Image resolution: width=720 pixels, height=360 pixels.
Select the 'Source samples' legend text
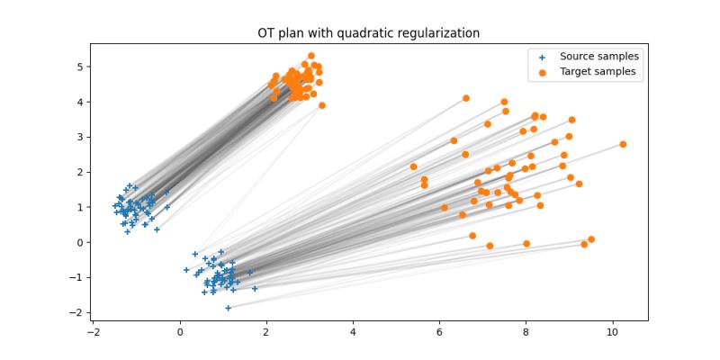(x=593, y=56)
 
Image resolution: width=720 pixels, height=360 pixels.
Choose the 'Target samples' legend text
(x=593, y=72)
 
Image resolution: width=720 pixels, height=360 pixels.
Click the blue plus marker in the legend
(x=543, y=56)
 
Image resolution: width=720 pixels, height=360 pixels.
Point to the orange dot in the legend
(x=543, y=72)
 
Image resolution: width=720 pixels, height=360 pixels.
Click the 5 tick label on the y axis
(x=79, y=67)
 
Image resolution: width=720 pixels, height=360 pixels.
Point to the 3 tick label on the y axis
(x=79, y=137)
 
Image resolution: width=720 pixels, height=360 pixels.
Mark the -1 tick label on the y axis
(x=76, y=277)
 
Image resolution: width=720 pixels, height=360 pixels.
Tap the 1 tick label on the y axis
(x=79, y=207)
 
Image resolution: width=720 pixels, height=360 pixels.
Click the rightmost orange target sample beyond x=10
(x=623, y=144)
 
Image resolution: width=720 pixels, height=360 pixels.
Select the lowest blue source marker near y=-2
(x=229, y=308)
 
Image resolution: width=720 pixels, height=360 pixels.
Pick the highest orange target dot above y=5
(x=311, y=56)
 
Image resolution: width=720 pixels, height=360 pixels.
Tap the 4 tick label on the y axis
(x=79, y=102)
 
